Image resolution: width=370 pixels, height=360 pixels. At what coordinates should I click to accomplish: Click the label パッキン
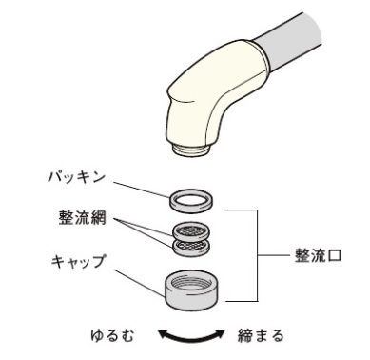76,177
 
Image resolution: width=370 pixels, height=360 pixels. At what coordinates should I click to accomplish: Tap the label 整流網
83,218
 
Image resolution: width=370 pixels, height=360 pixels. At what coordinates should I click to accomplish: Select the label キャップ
78,262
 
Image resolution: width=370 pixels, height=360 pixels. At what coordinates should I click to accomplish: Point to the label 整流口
318,255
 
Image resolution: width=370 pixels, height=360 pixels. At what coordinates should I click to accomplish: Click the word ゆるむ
112,335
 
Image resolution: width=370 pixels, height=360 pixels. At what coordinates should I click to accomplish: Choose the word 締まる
261,335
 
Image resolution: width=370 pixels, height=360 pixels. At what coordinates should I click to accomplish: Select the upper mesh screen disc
191,230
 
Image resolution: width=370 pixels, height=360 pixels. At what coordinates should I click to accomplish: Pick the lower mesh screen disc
191,247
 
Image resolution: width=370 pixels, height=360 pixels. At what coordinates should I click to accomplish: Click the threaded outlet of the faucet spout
191,149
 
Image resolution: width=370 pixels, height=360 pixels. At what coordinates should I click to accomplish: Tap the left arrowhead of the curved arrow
163,333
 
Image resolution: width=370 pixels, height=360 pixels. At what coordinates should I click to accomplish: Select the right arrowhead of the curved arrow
220,333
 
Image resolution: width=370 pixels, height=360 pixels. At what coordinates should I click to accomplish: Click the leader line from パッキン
142,190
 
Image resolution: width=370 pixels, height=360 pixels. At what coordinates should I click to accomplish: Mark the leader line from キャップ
140,284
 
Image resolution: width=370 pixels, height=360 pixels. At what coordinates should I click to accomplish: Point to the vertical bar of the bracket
257,255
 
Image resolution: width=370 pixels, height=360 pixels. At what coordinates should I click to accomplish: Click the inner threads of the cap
191,281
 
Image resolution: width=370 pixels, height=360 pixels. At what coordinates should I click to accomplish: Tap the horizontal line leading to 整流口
274,255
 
